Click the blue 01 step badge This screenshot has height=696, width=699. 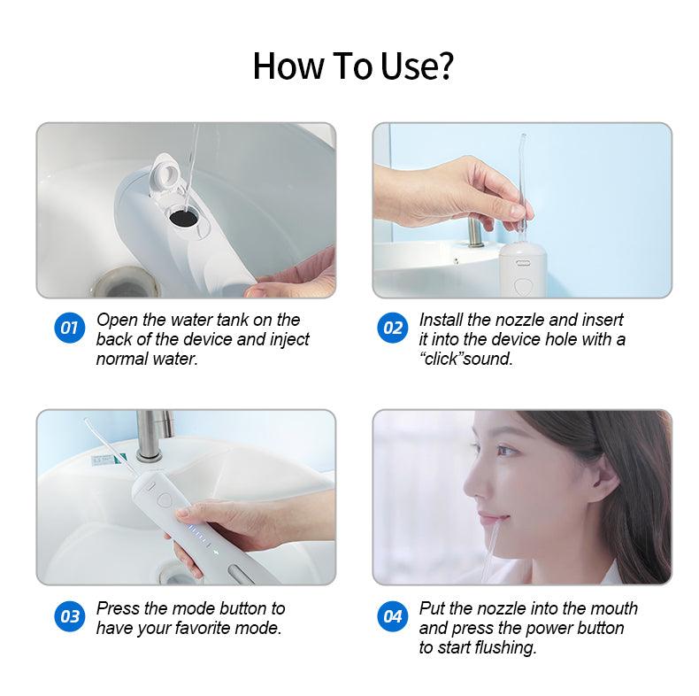70,328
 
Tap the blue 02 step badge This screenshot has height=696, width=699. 392,328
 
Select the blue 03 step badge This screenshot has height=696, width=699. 70,616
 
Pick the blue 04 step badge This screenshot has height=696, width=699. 392,616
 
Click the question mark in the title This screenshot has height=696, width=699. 443,66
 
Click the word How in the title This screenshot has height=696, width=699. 288,66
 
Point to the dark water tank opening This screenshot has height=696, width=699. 183,218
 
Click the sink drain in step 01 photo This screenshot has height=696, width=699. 126,282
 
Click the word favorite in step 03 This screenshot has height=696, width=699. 197,628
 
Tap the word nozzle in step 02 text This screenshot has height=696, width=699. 519,320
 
